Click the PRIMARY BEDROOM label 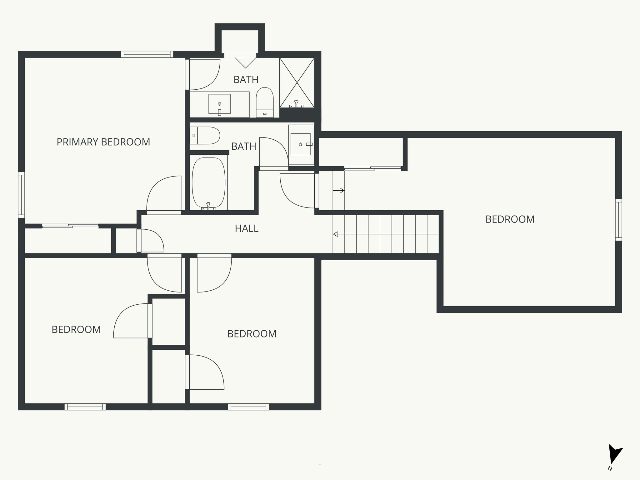point(103,142)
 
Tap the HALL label point(247,228)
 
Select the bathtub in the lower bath point(208,183)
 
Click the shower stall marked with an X point(297,82)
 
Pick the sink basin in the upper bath point(219,104)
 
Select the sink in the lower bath point(301,144)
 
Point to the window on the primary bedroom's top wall point(147,54)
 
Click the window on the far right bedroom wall point(618,220)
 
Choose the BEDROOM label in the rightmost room point(510,219)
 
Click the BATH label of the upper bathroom point(246,79)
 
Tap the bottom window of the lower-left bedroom point(85,407)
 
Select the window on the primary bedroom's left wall point(21,195)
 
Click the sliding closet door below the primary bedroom point(70,226)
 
